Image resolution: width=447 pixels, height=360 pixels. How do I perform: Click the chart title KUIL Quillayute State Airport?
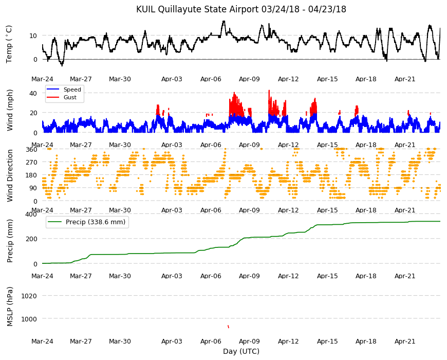197,9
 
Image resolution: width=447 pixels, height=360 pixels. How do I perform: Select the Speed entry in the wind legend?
72,89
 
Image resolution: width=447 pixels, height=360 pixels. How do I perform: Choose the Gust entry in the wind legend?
70,97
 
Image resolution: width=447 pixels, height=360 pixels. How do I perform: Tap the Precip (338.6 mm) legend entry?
96,222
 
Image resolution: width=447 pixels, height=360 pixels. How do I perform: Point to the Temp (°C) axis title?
9,44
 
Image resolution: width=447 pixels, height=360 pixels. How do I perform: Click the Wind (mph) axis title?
10,111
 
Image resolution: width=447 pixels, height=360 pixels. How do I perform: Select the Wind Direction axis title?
10,176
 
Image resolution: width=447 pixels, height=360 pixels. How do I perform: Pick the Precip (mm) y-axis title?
10,241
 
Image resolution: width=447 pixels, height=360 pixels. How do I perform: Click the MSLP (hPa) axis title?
10,307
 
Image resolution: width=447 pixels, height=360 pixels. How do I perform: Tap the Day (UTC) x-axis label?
241,351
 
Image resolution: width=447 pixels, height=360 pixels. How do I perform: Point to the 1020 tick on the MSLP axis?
29,296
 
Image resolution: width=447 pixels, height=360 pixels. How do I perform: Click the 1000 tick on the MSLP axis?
29,319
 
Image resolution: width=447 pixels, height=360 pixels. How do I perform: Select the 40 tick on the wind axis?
33,93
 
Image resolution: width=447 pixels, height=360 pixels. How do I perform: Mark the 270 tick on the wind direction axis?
31,163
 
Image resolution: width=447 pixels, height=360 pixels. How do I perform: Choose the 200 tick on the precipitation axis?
31,239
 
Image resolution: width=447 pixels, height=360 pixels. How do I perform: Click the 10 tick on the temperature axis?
33,35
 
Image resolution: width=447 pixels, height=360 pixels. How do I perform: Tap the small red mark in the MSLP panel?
228,327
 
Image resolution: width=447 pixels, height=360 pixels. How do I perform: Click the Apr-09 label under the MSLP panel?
249,341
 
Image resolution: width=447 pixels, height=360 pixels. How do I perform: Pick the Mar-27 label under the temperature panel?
81,79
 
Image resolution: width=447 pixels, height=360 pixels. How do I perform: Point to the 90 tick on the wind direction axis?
33,188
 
